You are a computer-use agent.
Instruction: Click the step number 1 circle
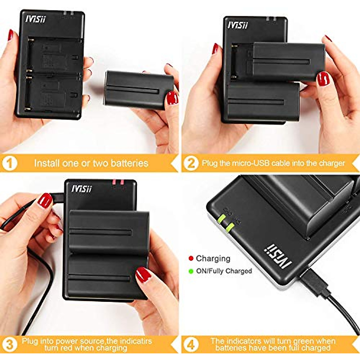[10, 163]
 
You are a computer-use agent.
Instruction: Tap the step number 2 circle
[191, 163]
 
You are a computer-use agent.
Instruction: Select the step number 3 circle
[10, 344]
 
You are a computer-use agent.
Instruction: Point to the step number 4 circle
[191, 344]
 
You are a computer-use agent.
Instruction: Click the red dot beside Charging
[191, 258]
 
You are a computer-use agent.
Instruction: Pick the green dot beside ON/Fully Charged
[191, 271]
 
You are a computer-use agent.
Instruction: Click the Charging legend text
[213, 258]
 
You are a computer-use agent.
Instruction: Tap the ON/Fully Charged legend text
[224, 271]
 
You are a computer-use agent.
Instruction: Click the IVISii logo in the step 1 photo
[35, 19]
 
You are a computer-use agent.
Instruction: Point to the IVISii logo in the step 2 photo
[238, 25]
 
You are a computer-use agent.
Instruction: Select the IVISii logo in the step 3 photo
[81, 188]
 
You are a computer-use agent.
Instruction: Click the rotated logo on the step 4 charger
[278, 256]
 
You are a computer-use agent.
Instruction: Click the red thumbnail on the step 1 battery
[172, 98]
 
